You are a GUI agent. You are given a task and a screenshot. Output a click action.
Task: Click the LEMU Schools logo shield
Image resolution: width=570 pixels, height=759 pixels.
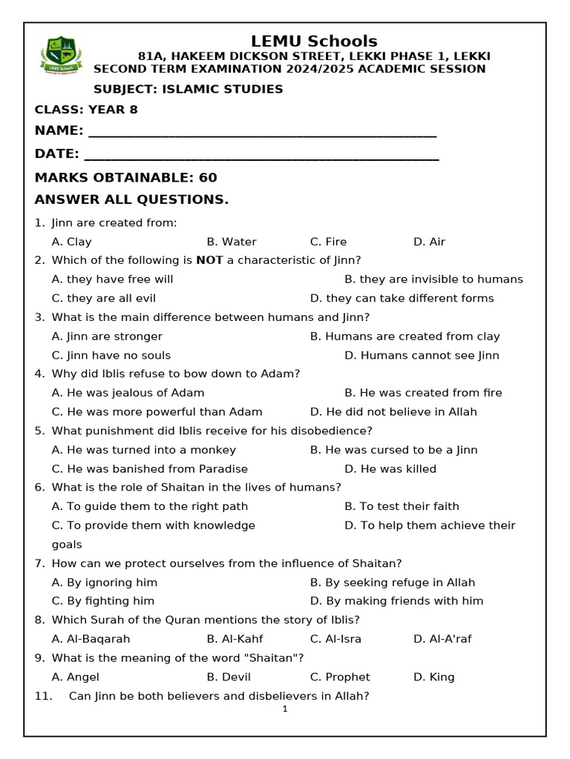click(61, 56)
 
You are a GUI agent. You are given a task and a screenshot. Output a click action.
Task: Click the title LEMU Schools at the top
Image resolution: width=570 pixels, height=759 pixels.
click(314, 42)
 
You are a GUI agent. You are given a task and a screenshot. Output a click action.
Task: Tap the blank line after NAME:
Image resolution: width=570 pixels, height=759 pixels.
click(262, 133)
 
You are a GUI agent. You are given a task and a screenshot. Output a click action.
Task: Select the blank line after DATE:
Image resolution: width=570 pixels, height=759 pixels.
click(261, 156)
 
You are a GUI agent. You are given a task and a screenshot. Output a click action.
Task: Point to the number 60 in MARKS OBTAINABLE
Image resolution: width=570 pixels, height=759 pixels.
click(208, 178)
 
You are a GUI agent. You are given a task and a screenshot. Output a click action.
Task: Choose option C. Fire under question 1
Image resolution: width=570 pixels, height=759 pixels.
click(328, 242)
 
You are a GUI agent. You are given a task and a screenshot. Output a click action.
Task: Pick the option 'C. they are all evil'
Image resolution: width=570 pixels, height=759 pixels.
click(104, 298)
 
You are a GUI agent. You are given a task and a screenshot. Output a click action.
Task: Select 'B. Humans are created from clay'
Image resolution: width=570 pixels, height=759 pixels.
click(404, 336)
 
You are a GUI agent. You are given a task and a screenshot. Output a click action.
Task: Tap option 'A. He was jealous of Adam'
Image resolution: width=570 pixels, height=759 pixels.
click(128, 393)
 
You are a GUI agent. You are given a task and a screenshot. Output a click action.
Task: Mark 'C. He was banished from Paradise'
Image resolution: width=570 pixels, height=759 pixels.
click(150, 468)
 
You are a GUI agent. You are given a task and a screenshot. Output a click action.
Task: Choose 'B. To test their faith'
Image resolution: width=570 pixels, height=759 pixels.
click(402, 506)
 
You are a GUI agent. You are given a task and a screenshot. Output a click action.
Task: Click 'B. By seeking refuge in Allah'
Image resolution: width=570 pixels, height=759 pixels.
click(392, 583)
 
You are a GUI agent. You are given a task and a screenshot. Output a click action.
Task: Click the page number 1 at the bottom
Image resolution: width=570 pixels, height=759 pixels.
click(285, 709)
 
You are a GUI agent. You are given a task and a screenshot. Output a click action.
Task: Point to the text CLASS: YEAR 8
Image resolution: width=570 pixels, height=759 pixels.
click(86, 110)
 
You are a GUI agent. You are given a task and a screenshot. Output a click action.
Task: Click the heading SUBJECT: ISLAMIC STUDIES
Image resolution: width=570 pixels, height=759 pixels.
click(188, 89)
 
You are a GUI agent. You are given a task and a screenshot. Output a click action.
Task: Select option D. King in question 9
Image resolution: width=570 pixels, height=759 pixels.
click(433, 677)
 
